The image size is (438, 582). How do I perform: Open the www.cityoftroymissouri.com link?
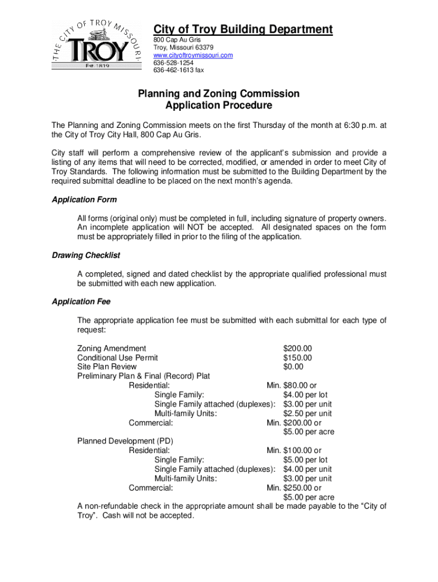coord(193,55)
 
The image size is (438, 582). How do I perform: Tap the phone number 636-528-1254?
coord(173,63)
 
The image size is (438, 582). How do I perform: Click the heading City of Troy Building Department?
coord(243,30)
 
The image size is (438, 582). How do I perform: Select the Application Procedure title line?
coord(218,106)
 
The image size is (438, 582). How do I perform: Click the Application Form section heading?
coord(84,199)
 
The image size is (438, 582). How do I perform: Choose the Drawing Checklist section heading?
coord(86,255)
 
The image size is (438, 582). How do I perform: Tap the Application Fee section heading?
coord(81,301)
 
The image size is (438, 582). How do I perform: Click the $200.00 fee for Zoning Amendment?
coord(297,348)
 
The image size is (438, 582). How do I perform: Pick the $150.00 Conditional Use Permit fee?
coord(297,357)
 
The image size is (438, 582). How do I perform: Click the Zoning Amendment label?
coord(111,348)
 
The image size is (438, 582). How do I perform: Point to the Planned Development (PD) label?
coord(125,441)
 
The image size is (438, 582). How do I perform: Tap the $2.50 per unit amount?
coord(307,413)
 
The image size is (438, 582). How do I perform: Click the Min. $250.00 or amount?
coord(294,488)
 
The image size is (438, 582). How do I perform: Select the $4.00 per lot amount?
coord(305,394)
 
